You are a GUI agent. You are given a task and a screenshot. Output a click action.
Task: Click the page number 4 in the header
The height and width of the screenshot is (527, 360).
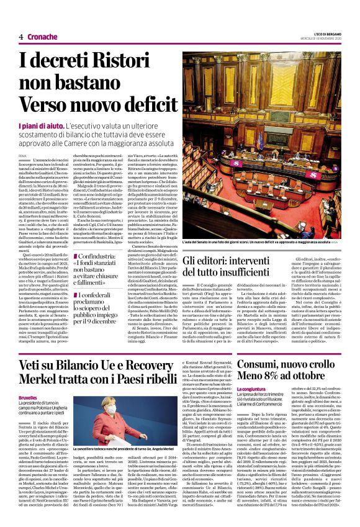[21, 37]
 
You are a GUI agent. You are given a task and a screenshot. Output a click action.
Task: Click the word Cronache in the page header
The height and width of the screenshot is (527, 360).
[43, 37]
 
